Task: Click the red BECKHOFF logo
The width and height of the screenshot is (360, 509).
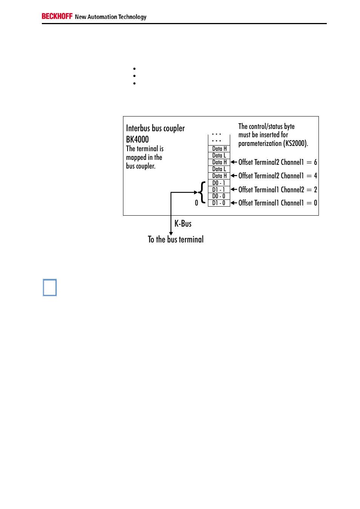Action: click(57, 16)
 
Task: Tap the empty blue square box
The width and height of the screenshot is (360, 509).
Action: click(49, 287)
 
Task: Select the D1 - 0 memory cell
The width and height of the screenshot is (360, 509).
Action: click(219, 203)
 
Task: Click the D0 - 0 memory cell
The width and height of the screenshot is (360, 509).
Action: click(219, 196)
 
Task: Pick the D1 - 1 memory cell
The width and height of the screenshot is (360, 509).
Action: click(219, 190)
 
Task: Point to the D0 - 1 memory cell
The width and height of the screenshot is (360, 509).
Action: click(219, 183)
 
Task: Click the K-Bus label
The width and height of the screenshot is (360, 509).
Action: click(183, 224)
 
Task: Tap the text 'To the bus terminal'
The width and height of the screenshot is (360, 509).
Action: click(175, 239)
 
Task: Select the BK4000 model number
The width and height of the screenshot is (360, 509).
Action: click(137, 139)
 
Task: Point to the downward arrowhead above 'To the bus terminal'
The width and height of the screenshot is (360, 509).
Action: click(171, 234)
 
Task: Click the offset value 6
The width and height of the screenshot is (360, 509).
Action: click(315, 162)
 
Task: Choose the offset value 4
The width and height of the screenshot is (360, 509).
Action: click(315, 176)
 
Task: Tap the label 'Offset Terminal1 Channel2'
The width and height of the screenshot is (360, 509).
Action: click(271, 190)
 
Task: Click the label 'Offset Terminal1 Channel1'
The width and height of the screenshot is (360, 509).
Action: click(271, 203)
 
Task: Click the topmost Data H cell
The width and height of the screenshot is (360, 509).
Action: click(219, 149)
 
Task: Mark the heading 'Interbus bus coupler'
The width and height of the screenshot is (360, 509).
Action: click(155, 128)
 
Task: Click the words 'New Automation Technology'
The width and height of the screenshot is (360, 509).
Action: click(111, 17)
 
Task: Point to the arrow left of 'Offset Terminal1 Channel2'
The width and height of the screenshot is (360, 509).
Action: click(234, 190)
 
